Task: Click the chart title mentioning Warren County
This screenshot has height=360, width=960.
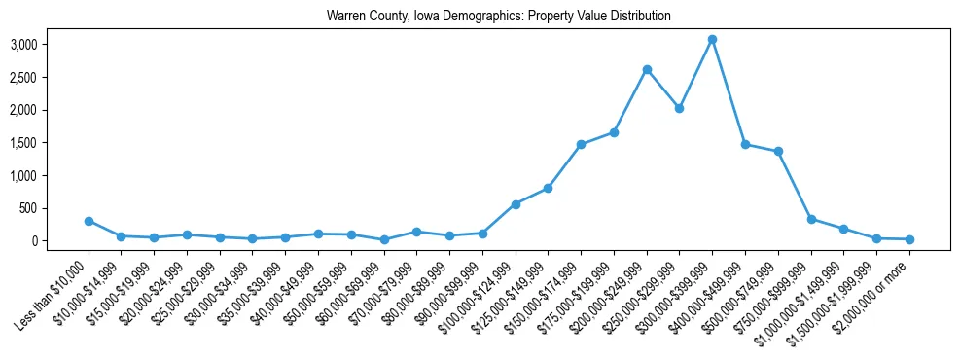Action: pyautogui.click(x=499, y=17)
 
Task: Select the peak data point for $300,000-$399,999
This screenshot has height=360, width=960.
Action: pyautogui.click(x=712, y=40)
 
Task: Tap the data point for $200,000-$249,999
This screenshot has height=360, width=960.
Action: pyautogui.click(x=647, y=69)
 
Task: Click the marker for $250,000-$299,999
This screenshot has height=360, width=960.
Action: pyautogui.click(x=679, y=108)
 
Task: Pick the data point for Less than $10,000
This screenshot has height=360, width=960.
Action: pyautogui.click(x=89, y=221)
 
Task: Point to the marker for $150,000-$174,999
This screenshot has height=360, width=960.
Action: pyautogui.click(x=581, y=144)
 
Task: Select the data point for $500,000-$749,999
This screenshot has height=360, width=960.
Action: pyautogui.click(x=778, y=151)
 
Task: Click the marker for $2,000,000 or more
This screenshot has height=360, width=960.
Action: pyautogui.click(x=909, y=239)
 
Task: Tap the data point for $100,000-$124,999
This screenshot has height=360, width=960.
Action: pyautogui.click(x=516, y=204)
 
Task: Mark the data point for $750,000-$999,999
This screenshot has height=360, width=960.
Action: pyautogui.click(x=811, y=219)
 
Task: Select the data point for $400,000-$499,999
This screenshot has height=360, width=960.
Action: pyautogui.click(x=745, y=144)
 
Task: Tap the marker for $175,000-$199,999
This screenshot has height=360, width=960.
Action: pyautogui.click(x=614, y=132)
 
